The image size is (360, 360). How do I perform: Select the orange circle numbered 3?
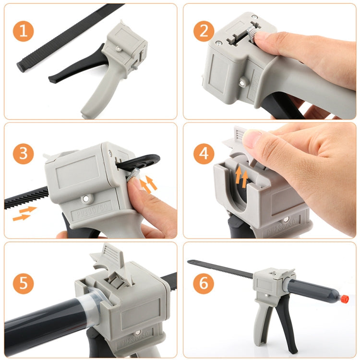[x=23, y=154]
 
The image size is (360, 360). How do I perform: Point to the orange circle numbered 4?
[x=204, y=154]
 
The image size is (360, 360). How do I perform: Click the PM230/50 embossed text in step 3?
[x=92, y=213]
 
